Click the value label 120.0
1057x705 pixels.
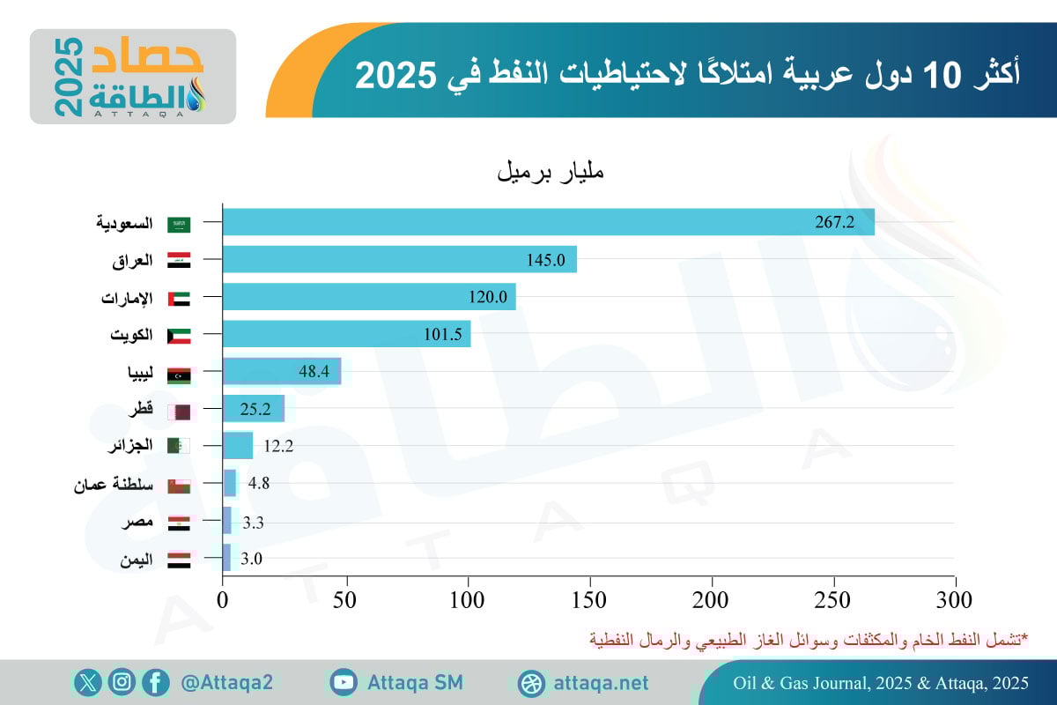[488, 297]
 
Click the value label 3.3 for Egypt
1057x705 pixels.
[253, 523]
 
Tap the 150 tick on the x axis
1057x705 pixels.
[589, 601]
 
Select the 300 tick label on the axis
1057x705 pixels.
[955, 601]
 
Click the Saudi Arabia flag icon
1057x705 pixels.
[179, 224]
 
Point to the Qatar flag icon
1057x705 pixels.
[179, 411]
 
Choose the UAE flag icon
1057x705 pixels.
[179, 299]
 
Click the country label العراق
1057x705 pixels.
[132, 261]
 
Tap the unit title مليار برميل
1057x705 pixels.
[551, 171]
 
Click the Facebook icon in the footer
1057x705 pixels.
[156, 682]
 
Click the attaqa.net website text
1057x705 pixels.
[602, 683]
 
